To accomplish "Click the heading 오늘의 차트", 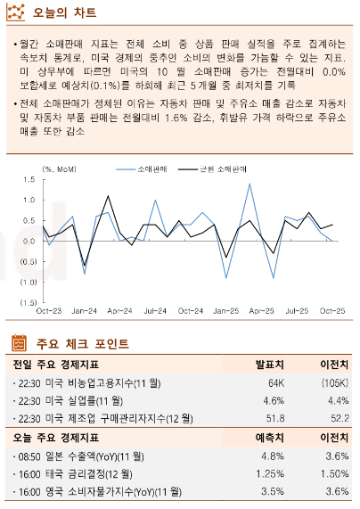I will tap(65, 14).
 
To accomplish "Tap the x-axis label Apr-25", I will tap(260, 311).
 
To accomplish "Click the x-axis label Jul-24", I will tap(155, 311).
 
